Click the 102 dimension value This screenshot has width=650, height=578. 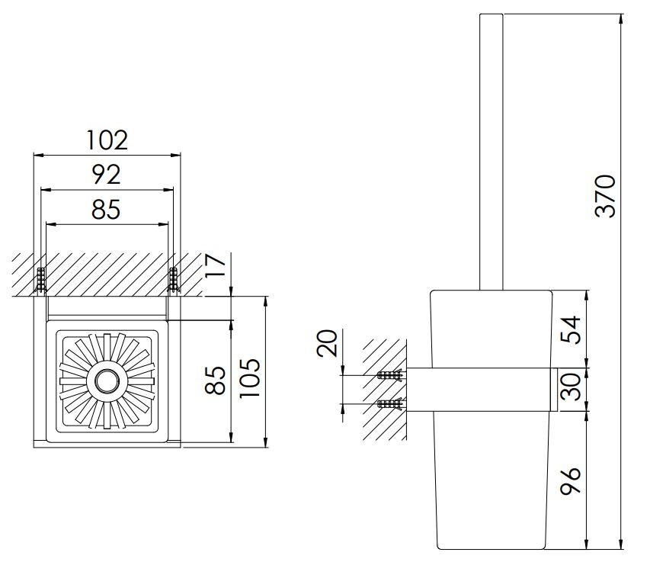107,140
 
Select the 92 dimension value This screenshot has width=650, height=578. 107,175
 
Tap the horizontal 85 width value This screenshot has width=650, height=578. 106,209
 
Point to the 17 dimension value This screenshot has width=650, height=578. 216,265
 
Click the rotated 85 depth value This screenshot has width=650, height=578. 216,380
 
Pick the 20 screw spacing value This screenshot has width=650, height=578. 327,344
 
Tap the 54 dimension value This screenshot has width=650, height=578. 571,329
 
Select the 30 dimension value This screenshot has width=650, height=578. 571,387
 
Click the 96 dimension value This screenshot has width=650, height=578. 571,481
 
